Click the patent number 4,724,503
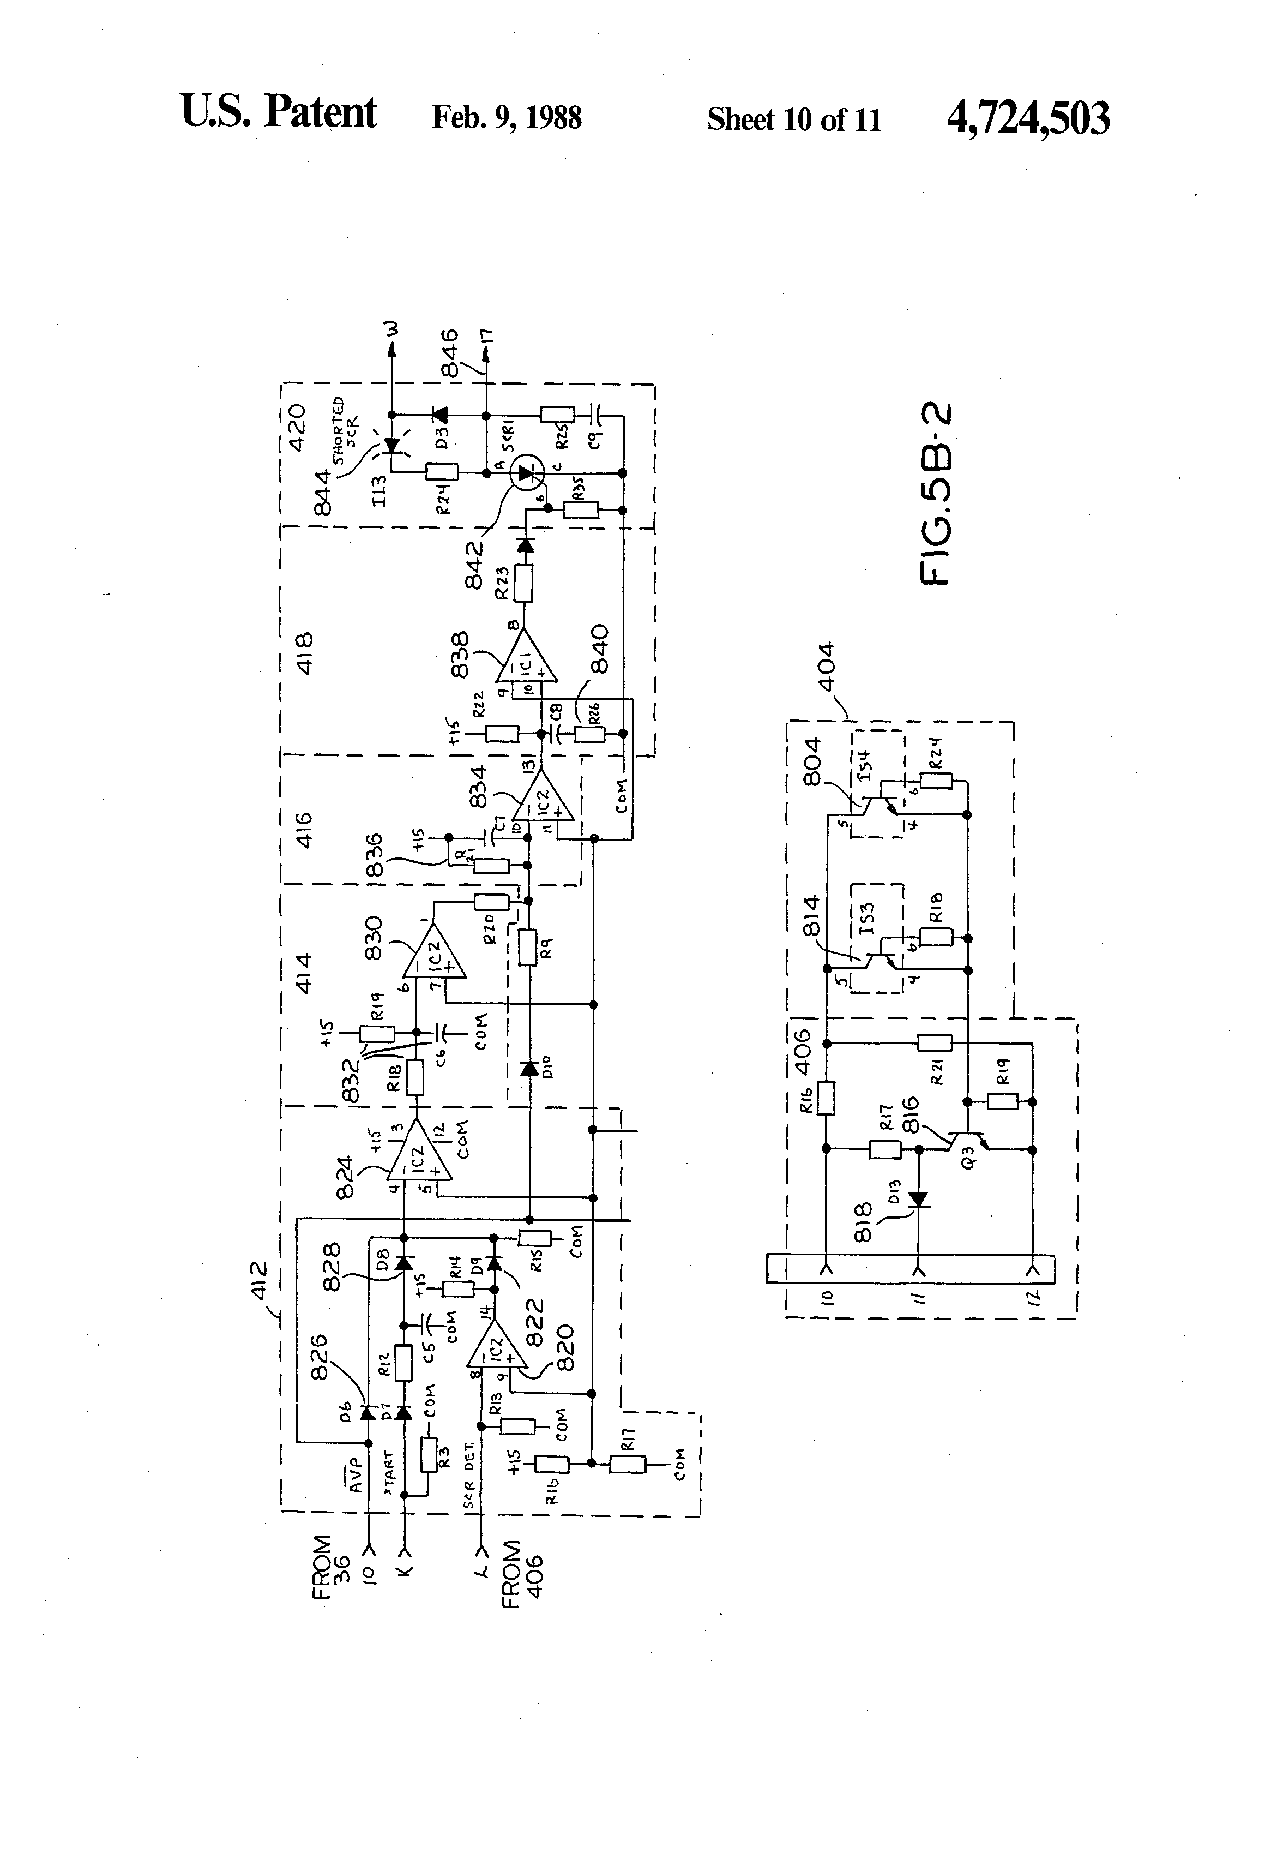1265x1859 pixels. [x=1027, y=119]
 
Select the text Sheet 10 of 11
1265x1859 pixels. [x=793, y=120]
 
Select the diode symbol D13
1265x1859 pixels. [x=919, y=1199]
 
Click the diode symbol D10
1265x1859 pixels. [x=527, y=1069]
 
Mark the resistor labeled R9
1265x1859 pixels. [x=527, y=947]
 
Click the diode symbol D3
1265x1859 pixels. [x=439, y=415]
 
